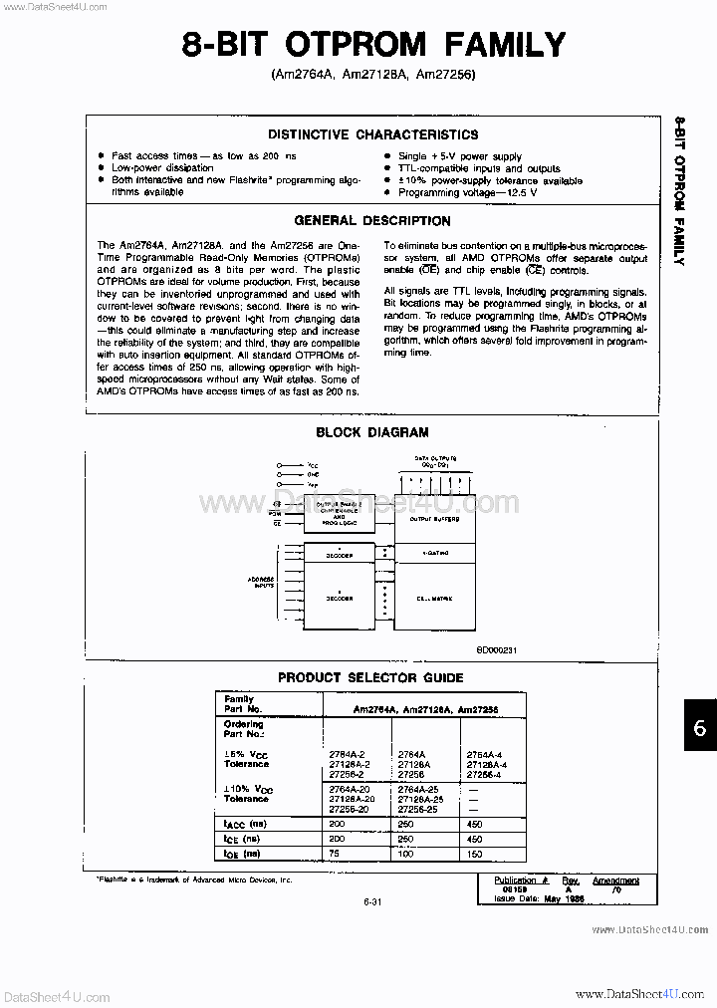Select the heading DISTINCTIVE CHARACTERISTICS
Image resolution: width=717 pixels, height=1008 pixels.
coord(372,134)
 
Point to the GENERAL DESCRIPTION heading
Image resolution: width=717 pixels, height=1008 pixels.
coord(372,221)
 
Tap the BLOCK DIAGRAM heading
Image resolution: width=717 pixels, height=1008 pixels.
coord(372,432)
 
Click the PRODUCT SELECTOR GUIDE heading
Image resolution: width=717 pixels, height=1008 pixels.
coord(370,677)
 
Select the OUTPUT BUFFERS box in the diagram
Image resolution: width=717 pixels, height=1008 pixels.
coord(435,519)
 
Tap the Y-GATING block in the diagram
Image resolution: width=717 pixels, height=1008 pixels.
coord(435,551)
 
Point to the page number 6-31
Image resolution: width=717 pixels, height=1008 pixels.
coord(373,901)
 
